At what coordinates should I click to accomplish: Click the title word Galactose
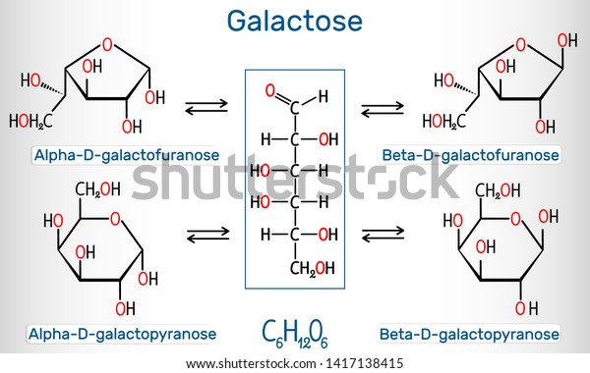coord(295,21)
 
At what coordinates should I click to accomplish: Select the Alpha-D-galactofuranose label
coord(127,155)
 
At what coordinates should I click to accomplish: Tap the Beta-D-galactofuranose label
coord(470,155)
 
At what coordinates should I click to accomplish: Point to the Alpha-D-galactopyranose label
coord(122,334)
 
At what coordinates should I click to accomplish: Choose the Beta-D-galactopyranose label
coord(469,334)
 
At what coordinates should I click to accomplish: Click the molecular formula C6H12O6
coord(295,334)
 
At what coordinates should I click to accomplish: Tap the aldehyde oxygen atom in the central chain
coord(269,90)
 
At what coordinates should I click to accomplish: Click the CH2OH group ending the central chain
coord(312,268)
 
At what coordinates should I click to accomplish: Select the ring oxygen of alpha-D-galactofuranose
coord(107,45)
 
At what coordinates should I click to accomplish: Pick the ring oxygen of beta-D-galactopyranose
coord(515,219)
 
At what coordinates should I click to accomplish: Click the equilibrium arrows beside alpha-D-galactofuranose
coord(206,107)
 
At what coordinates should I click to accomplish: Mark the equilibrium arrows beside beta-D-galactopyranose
coord(383,234)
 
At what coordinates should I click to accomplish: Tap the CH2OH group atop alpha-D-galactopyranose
coord(97,189)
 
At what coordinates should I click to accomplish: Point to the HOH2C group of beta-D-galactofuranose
coord(444,122)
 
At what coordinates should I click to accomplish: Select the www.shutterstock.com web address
coord(251,363)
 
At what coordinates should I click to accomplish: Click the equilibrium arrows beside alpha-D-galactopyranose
coord(208,235)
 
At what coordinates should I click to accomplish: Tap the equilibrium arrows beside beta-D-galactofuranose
coord(383,109)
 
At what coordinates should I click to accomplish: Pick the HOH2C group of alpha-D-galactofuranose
coord(30,122)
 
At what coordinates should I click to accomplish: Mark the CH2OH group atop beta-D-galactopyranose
coord(498,190)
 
